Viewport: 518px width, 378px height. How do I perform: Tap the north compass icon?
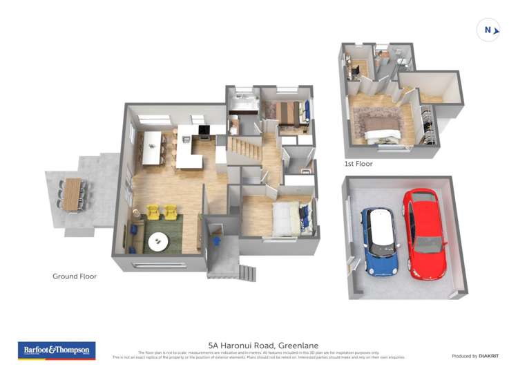(x=488, y=30)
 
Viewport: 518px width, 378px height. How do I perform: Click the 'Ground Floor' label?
(x=75, y=276)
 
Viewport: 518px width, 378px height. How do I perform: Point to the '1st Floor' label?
(x=358, y=164)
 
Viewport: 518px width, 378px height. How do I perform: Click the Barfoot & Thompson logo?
(x=57, y=350)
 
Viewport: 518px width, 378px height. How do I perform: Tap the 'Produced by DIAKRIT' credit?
(x=475, y=356)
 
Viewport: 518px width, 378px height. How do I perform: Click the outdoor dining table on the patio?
(x=73, y=194)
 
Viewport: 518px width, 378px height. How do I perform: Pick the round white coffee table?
(x=158, y=242)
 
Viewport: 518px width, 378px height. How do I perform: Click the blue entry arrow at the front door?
(x=218, y=240)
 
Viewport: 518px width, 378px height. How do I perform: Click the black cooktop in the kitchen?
(x=204, y=130)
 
